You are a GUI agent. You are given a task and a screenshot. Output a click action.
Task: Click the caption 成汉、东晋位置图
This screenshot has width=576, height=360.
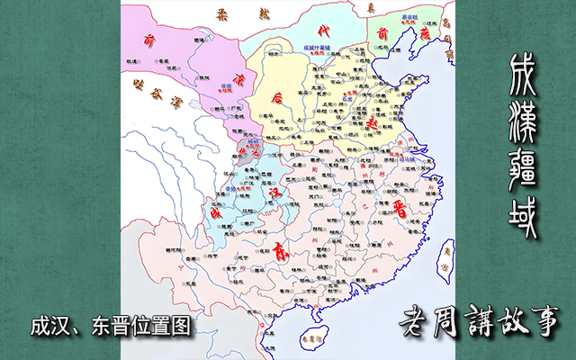click(x=111, y=326)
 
